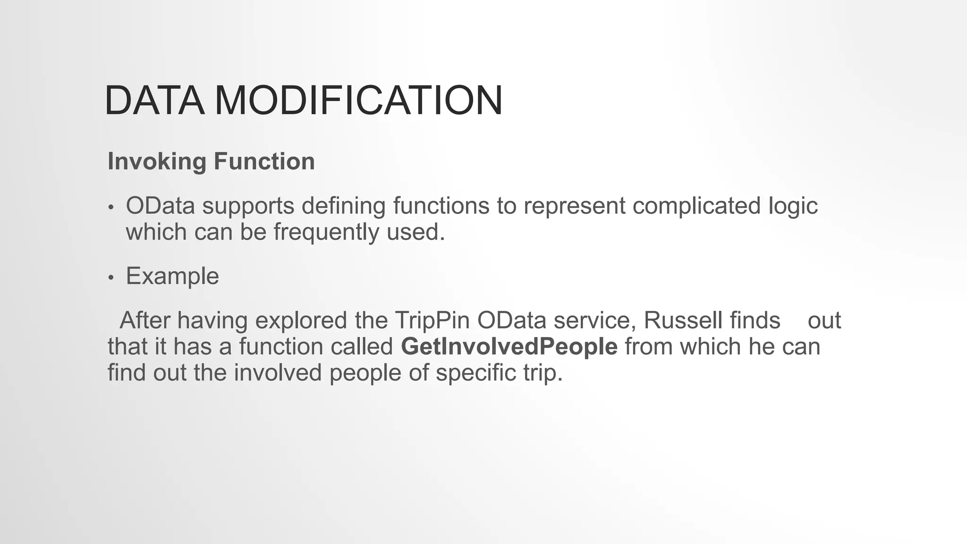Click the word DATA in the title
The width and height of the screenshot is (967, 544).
click(x=154, y=100)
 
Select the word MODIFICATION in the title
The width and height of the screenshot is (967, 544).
click(x=359, y=100)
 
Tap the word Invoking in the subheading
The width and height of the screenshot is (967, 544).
click(x=157, y=162)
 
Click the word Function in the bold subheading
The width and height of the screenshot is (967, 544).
click(x=264, y=162)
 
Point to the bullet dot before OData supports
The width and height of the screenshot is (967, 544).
click(x=111, y=208)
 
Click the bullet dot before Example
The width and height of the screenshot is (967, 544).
click(x=111, y=278)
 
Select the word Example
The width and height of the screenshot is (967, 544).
click(x=172, y=276)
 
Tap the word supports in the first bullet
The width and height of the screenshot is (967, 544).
click(x=248, y=206)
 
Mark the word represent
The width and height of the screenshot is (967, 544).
click(x=574, y=206)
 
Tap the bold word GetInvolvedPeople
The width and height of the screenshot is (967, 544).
click(x=509, y=347)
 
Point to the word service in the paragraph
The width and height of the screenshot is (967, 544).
click(x=594, y=321)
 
